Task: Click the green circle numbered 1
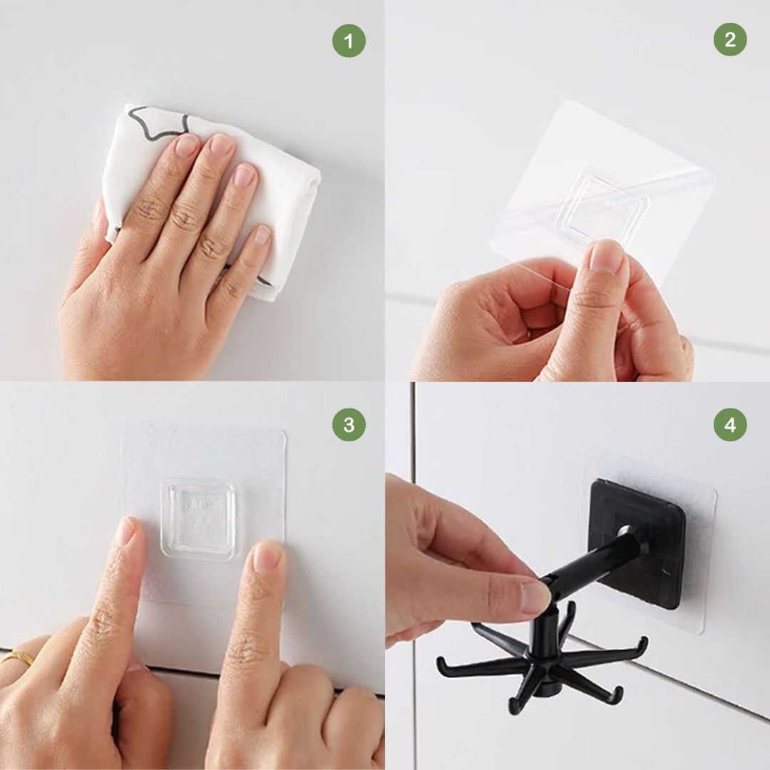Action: [x=349, y=41]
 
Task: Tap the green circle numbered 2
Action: [x=730, y=39]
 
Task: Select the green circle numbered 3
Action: [x=349, y=424]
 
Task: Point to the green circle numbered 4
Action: [x=730, y=424]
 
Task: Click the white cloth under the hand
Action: [x=275, y=197]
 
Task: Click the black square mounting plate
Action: [x=638, y=543]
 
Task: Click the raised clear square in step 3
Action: [x=197, y=519]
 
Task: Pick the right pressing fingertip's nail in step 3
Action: [x=266, y=555]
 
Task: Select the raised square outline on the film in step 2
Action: [x=604, y=206]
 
